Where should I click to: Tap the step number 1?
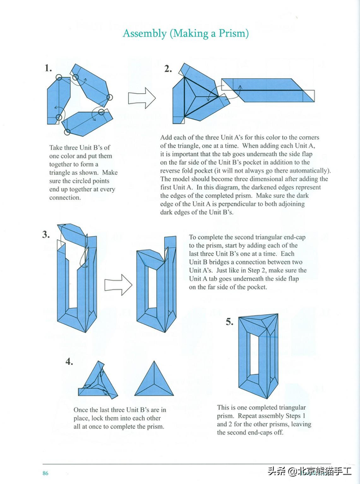pos(48,69)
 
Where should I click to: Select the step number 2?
pos(168,69)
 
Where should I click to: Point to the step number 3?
pos(46,234)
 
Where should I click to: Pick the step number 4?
pos(69,361)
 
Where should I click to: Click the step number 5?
pos(229,322)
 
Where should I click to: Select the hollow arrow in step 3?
pos(118,284)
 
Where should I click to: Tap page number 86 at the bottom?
pos(45,473)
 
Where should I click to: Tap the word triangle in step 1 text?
pos(63,173)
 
